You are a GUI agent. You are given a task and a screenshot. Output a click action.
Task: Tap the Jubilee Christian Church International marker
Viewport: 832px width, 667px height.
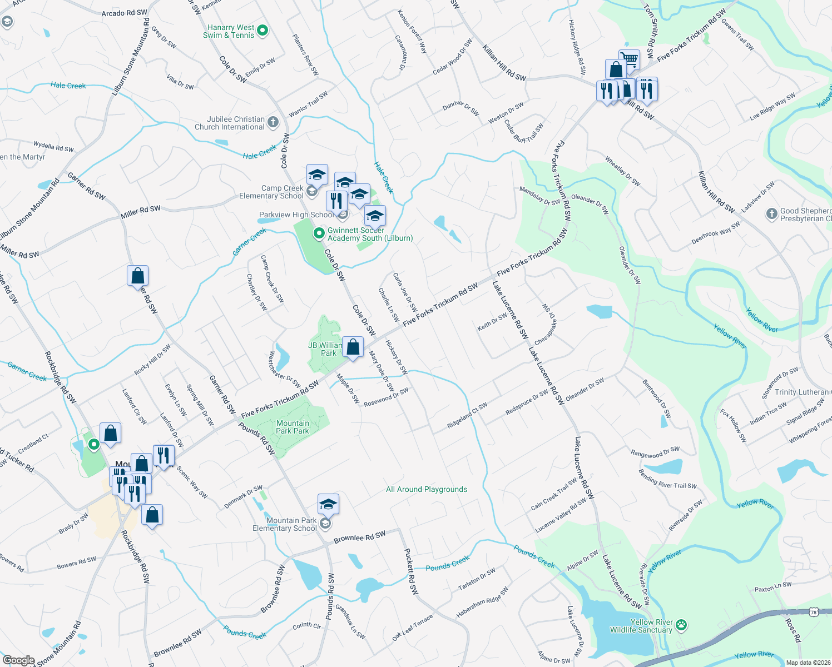[x=273, y=122]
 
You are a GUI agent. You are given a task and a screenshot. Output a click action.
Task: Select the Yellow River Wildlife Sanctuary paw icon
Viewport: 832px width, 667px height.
[x=681, y=626]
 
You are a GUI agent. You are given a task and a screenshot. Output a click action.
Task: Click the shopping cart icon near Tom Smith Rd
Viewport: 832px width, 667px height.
[x=630, y=59]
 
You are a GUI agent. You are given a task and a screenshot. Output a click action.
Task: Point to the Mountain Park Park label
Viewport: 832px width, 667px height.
[x=293, y=427]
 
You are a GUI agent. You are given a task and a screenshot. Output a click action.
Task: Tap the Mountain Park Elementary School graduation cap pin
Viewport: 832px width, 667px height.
[x=328, y=505]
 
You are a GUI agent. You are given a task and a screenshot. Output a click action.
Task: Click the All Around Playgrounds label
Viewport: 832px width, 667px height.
[x=427, y=489]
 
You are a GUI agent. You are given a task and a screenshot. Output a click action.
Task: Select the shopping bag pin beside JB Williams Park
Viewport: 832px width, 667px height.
[x=353, y=347]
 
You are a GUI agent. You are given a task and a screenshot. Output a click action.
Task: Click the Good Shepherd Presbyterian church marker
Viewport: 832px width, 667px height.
[x=771, y=214]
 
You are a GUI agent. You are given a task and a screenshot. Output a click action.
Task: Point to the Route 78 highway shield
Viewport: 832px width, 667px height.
[x=814, y=612]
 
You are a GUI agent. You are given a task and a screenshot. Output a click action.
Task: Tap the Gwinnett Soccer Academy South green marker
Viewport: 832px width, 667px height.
[x=319, y=233]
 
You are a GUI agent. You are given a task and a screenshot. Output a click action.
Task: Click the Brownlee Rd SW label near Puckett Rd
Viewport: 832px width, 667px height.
[x=359, y=537]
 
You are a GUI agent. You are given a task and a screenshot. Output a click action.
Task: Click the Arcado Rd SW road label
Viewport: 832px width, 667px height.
[x=125, y=13]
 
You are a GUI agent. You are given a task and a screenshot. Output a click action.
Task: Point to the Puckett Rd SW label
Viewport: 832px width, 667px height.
[x=411, y=571]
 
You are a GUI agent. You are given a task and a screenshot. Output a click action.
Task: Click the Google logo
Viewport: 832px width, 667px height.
[x=18, y=660]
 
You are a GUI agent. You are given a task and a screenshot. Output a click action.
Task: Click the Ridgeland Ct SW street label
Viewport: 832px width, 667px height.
[x=467, y=415]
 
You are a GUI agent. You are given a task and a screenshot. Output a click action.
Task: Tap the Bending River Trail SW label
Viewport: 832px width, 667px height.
[x=667, y=481]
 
